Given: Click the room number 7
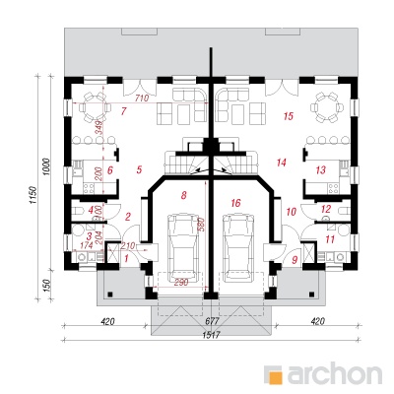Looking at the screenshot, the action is click(x=123, y=111).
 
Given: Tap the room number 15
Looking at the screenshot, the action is click(x=289, y=116).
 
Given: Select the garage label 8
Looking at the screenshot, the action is click(x=183, y=195).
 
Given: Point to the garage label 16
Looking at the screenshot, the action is click(x=235, y=203).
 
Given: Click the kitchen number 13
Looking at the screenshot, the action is click(x=320, y=170).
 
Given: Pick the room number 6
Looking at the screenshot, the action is click(x=110, y=170).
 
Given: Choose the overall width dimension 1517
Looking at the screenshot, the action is click(x=212, y=335).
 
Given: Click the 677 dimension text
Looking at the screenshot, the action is click(x=213, y=321).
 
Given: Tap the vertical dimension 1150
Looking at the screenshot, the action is click(x=33, y=196).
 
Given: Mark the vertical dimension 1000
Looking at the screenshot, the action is click(x=47, y=167).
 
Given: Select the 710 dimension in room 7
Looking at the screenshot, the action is click(x=142, y=98).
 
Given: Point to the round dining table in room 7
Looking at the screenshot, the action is click(x=94, y=107).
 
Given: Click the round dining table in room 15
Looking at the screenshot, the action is click(x=327, y=107).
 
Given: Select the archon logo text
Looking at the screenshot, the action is click(x=335, y=373).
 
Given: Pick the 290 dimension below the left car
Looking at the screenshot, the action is click(x=180, y=282).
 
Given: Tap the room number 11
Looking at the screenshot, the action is click(x=330, y=239).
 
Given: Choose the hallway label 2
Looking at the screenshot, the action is click(x=128, y=217).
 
